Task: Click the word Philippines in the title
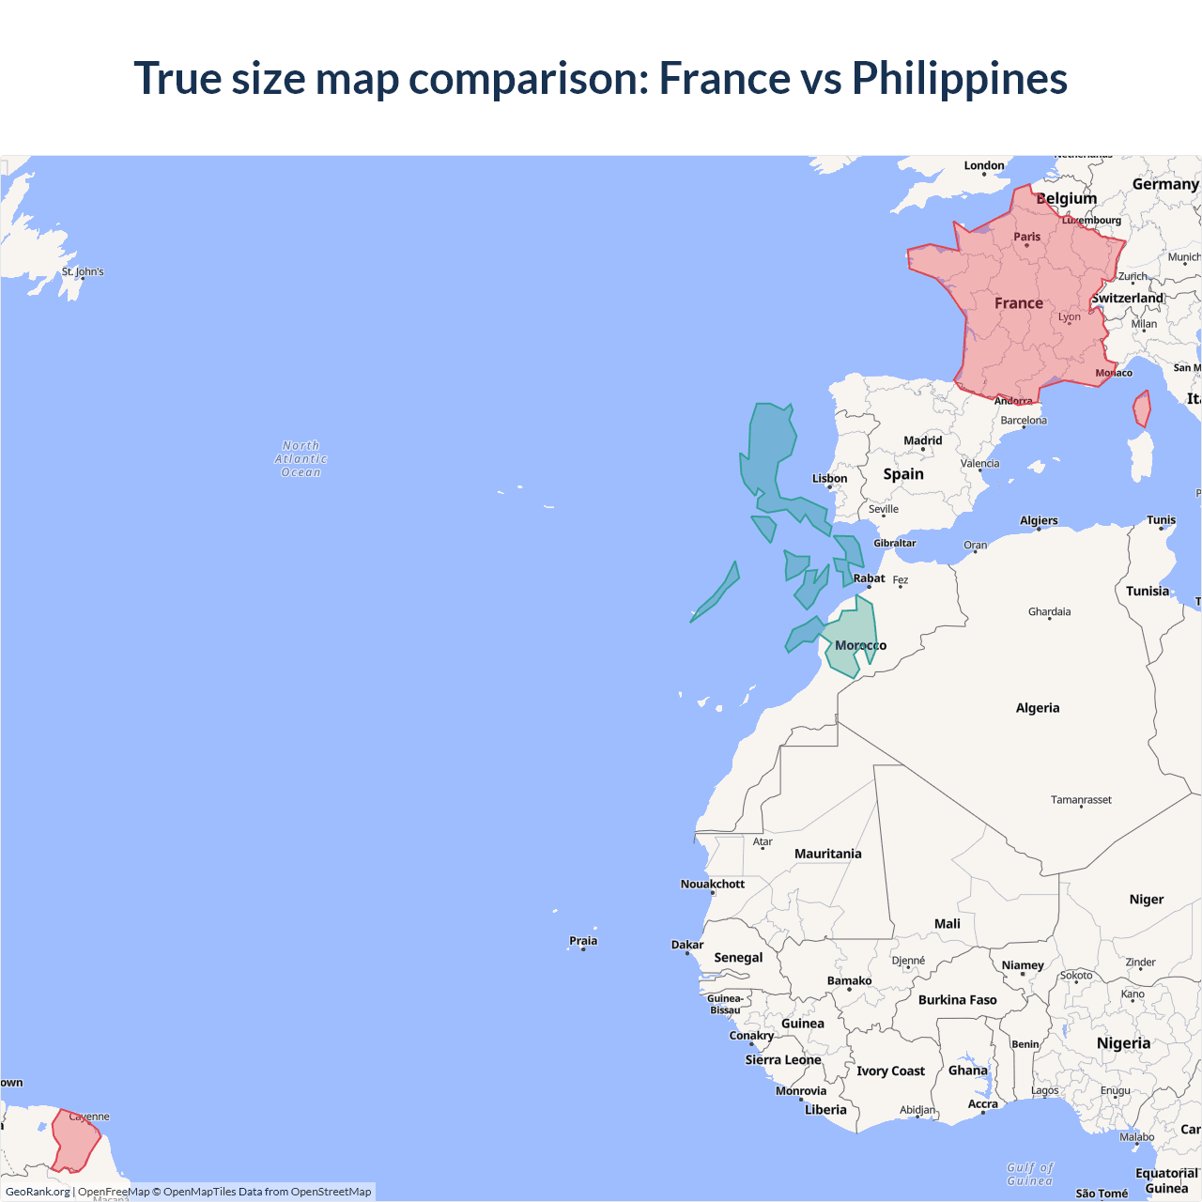pos(959,78)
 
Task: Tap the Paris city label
pos(1026,237)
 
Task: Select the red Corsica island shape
pos(1142,409)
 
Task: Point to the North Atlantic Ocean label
pos(300,459)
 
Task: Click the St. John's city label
pos(83,271)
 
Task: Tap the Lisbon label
pos(829,479)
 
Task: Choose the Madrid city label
pos(922,440)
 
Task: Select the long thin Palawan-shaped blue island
pos(717,593)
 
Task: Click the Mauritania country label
pos(827,854)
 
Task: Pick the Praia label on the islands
pos(583,941)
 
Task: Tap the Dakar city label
pos(687,945)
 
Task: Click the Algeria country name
pos(1037,708)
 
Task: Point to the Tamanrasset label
pos(1081,800)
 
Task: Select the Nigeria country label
pos(1123,1043)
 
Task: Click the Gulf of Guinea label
pos(1030,1174)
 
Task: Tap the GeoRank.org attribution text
pos(38,1192)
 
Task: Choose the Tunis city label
pos(1161,520)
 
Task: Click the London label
pos(983,165)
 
